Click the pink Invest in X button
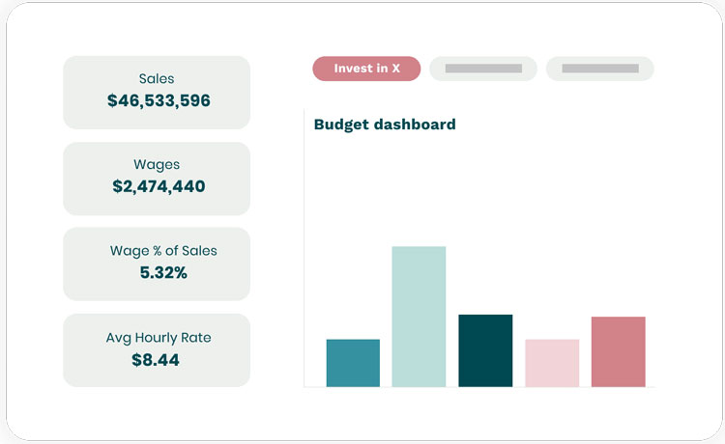(366, 69)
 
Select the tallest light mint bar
(419, 317)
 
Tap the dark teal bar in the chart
(485, 350)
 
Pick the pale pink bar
(552, 363)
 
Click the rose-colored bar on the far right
(618, 351)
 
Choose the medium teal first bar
(353, 363)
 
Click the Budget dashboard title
(385, 125)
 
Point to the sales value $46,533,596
(157, 100)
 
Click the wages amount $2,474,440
(158, 186)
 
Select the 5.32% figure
(163, 272)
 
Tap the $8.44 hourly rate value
(156, 359)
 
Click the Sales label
(157, 78)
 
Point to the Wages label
(157, 164)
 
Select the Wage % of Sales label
(163, 250)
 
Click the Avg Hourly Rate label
(159, 337)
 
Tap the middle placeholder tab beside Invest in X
(483, 69)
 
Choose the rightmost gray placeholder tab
(599, 69)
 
